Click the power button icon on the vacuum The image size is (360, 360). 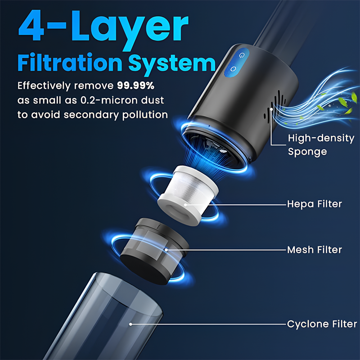point(241,55)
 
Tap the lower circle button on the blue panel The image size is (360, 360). point(233,69)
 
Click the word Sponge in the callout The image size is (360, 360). point(307,152)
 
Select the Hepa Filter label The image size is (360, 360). point(315,204)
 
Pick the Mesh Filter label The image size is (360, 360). point(315,250)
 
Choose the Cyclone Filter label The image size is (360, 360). point(322,324)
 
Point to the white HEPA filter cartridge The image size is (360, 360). point(188,195)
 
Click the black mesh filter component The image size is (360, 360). point(154,252)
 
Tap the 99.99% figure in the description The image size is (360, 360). point(136,85)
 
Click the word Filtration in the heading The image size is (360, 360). point(70,63)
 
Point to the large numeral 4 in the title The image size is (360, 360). point(31,26)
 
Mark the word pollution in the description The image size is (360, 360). point(145,115)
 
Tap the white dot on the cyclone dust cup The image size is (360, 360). point(130,324)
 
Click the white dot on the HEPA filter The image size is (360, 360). point(185,204)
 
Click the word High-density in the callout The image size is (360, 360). point(321,139)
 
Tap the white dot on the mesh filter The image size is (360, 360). point(166,250)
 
